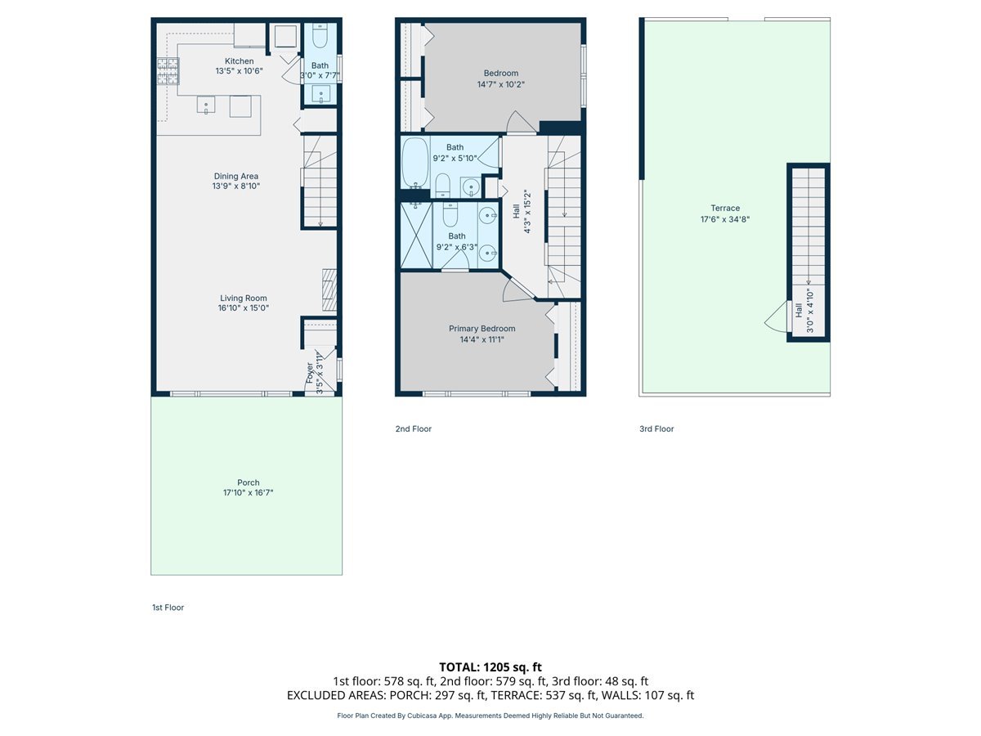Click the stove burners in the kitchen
[x=167, y=72]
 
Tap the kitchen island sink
[x=205, y=105]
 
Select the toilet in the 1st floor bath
[x=320, y=37]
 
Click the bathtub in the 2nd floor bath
[x=414, y=162]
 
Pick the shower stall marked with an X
[x=416, y=236]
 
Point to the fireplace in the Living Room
[x=329, y=289]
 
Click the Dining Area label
[x=236, y=176]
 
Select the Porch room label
[x=249, y=482]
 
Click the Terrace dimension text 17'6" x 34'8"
[x=724, y=219]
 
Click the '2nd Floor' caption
[x=413, y=429]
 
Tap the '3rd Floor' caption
[x=656, y=429]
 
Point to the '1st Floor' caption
[x=168, y=608]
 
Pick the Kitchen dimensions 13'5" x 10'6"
[x=240, y=71]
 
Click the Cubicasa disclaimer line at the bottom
[x=490, y=716]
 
